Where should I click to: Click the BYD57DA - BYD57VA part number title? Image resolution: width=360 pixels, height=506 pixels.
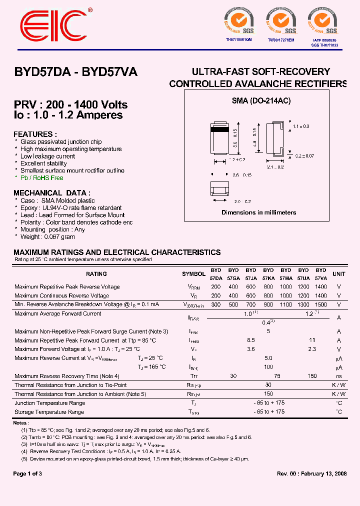[75, 72]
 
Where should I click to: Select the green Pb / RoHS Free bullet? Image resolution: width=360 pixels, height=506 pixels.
[41, 177]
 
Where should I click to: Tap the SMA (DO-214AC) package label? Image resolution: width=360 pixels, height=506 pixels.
[261, 100]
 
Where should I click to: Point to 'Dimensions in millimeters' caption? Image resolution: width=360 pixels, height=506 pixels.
[258, 212]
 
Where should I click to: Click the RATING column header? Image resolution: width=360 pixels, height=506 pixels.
[96, 274]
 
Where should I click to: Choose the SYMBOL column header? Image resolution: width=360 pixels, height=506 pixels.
[193, 274]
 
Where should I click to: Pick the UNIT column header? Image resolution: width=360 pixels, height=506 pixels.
[339, 274]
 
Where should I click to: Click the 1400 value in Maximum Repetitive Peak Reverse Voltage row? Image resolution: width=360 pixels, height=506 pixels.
[320, 287]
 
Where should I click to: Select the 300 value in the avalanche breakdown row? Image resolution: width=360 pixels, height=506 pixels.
[216, 304]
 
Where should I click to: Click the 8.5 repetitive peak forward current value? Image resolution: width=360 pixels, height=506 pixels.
[251, 340]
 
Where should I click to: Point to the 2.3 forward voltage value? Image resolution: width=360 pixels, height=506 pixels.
[312, 349]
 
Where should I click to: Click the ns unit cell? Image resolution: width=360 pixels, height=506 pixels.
[339, 376]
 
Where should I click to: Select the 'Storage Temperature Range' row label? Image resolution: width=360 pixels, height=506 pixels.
[49, 412]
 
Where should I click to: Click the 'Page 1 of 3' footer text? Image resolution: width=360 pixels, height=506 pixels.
[27, 474]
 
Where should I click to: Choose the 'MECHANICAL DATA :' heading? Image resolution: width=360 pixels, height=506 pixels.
[52, 193]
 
